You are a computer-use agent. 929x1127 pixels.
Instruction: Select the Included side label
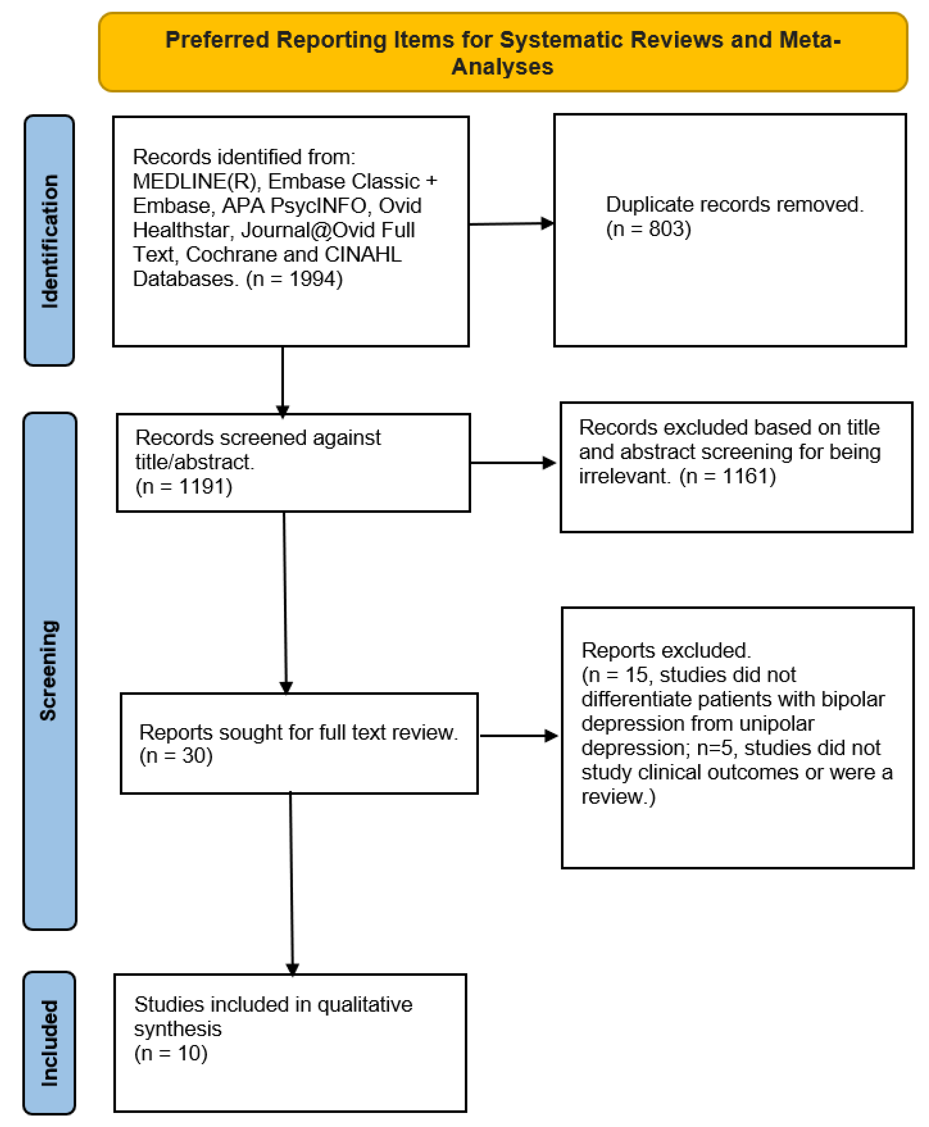pos(49,1043)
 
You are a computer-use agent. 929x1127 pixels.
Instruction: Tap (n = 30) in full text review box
pos(176,756)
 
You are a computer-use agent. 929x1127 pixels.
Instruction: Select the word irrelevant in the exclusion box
pos(624,476)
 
